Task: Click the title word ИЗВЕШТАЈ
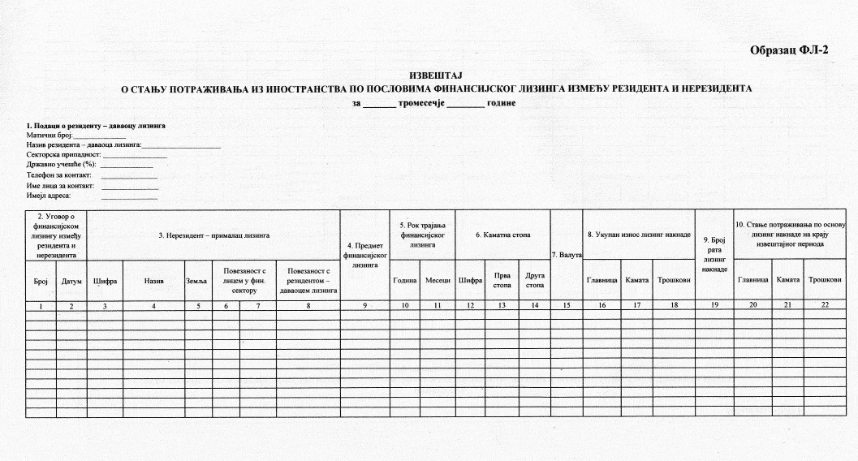[x=437, y=75]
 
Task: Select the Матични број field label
[x=50, y=136]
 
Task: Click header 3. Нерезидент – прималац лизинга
[x=213, y=235]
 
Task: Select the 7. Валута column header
[x=567, y=256]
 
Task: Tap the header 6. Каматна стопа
[x=502, y=235]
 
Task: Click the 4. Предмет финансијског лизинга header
[x=364, y=255]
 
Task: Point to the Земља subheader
[x=197, y=280]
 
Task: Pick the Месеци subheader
[x=438, y=280]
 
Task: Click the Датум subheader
[x=71, y=280]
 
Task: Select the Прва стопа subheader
[x=502, y=280]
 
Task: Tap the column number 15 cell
[x=567, y=305]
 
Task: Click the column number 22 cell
[x=825, y=305]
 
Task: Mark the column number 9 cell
[x=364, y=305]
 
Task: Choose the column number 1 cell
[x=41, y=305]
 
